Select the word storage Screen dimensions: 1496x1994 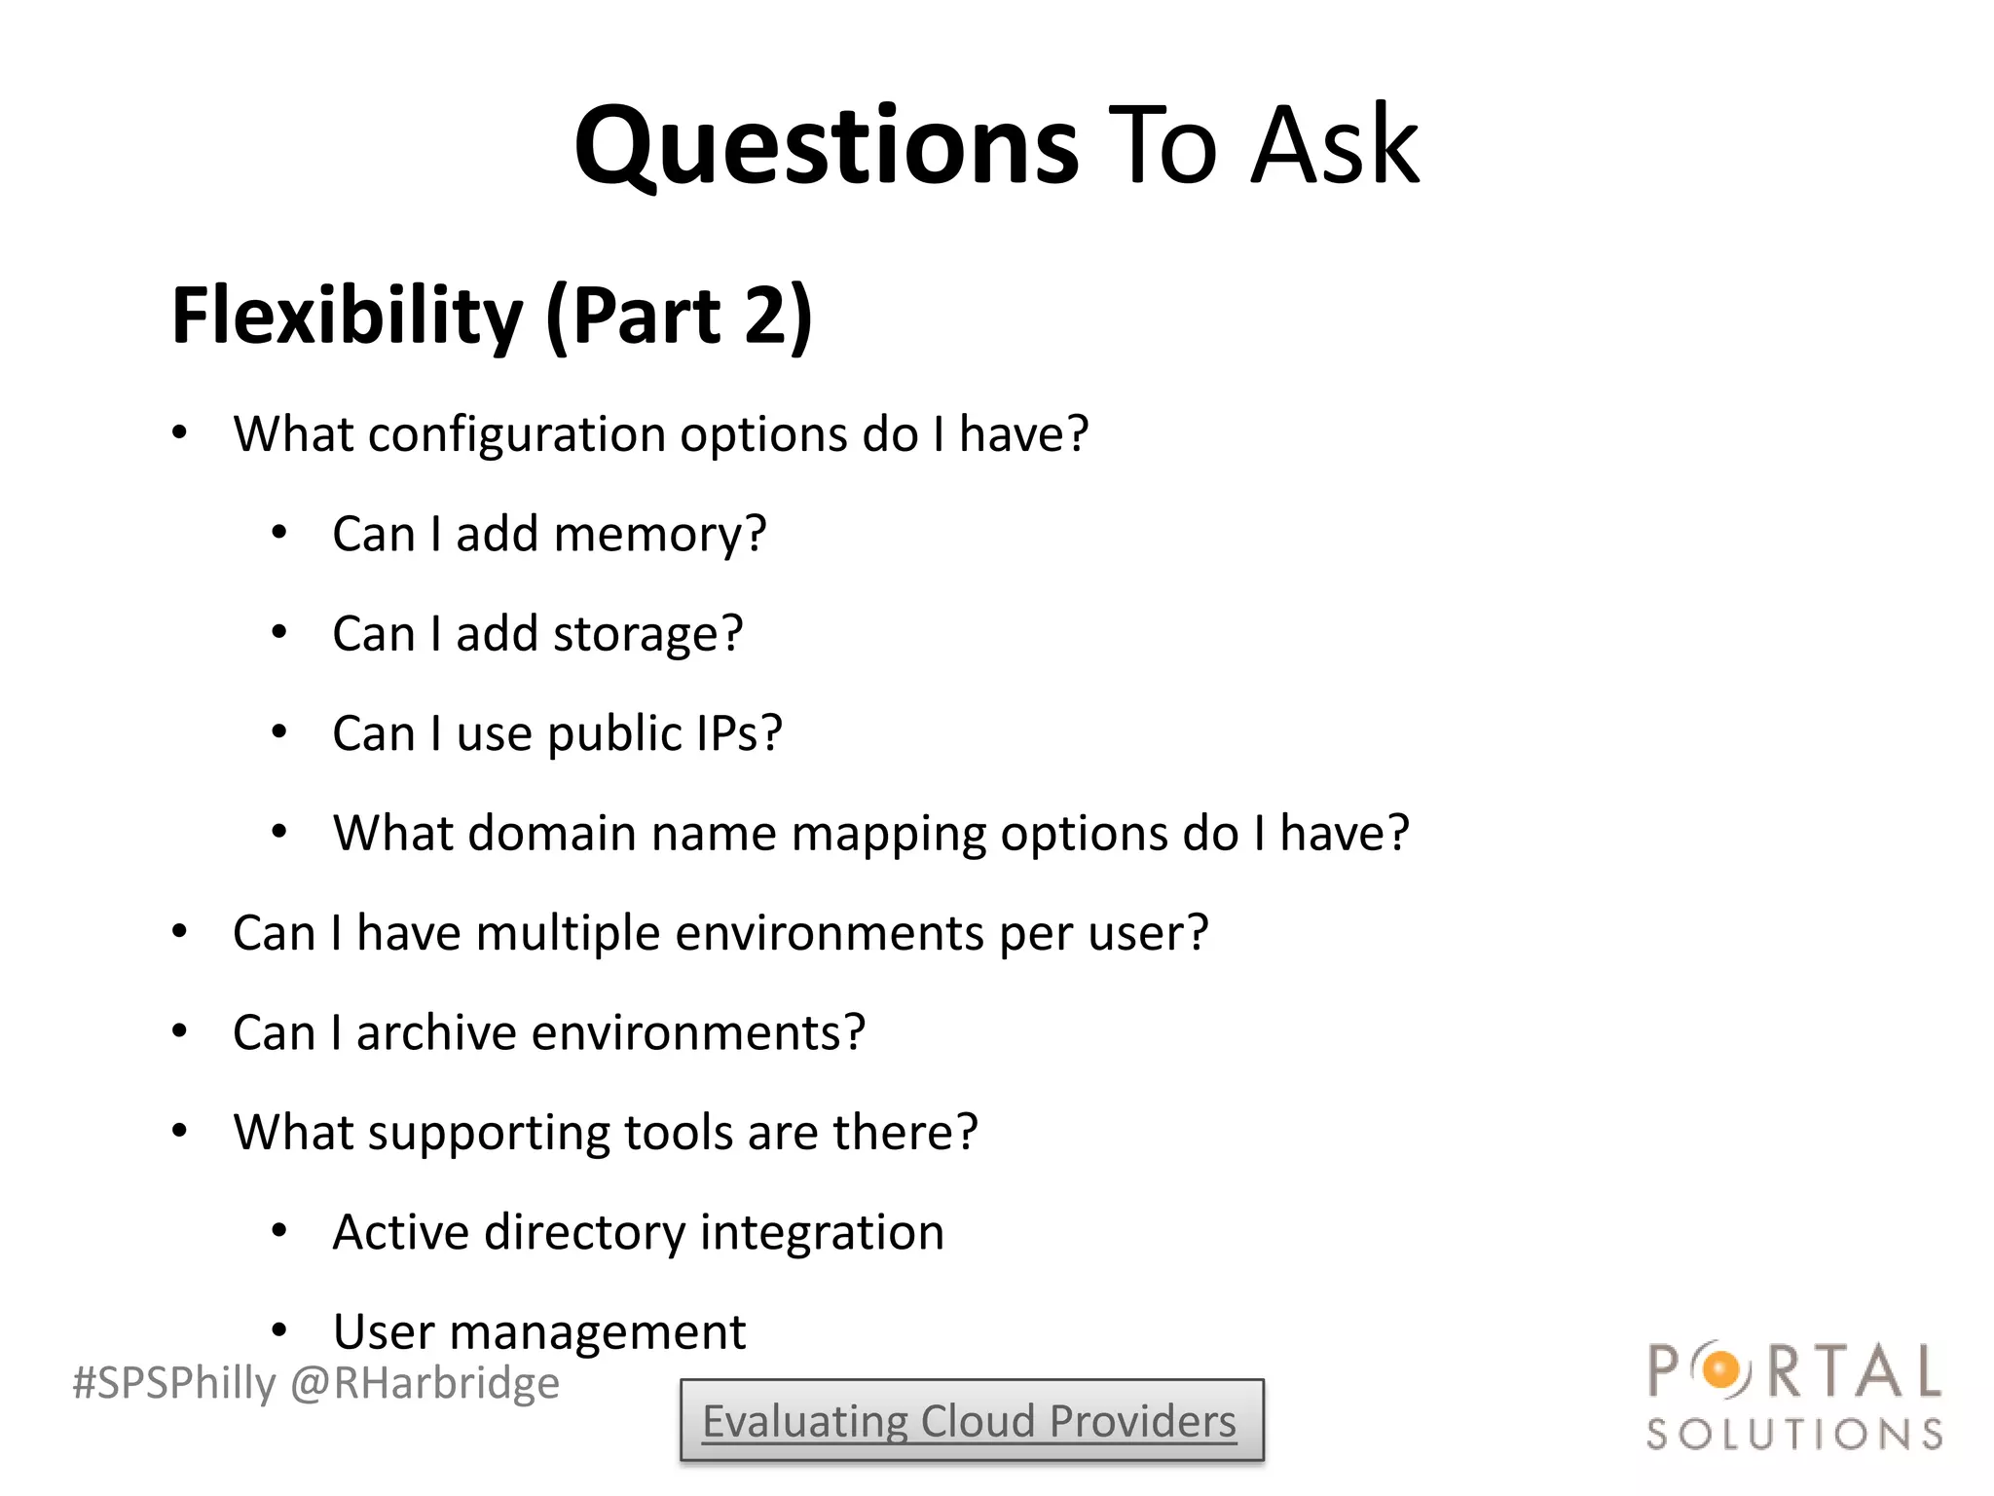point(647,635)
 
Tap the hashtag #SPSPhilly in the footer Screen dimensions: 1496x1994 point(174,1383)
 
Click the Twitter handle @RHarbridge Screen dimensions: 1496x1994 point(425,1383)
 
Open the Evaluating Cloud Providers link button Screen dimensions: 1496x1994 point(971,1421)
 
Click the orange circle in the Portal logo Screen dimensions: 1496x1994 point(1721,1370)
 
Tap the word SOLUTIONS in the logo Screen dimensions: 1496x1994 point(1794,1435)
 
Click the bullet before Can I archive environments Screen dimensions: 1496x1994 point(179,1031)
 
